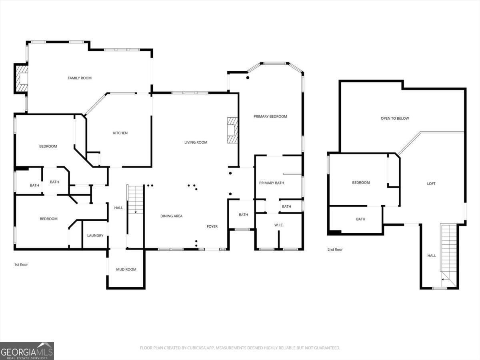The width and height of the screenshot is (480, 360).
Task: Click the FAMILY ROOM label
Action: [80, 78]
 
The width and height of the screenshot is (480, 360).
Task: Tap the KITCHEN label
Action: [120, 133]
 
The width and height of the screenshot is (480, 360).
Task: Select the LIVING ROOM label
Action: [196, 142]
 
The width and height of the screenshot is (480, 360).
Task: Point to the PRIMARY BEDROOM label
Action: [270, 116]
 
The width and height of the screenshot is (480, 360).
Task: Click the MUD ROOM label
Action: [126, 270]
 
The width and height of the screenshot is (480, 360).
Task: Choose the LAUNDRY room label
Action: [95, 236]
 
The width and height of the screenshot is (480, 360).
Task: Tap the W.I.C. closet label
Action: [279, 225]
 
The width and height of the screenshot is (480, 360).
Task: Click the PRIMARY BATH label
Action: [272, 183]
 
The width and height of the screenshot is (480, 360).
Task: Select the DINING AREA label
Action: [172, 216]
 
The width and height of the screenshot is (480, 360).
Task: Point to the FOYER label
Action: [212, 226]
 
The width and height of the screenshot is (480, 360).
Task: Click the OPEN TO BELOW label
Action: [395, 118]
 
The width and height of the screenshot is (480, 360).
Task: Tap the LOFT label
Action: [431, 184]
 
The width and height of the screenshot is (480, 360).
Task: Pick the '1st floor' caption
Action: [21, 264]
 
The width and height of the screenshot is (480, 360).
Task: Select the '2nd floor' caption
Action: [335, 249]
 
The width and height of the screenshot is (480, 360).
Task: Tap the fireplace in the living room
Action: [232, 130]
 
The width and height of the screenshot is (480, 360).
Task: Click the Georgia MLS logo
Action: [27, 351]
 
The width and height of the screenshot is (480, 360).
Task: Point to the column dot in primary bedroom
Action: [248, 78]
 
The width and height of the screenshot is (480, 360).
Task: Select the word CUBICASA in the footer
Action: [196, 348]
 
